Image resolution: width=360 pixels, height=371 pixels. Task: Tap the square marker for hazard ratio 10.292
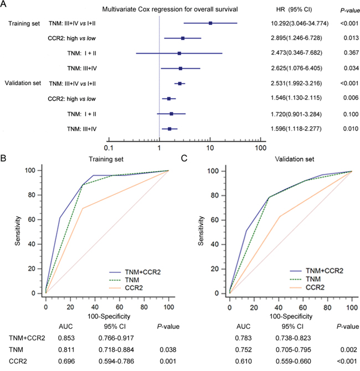coord(210,23)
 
